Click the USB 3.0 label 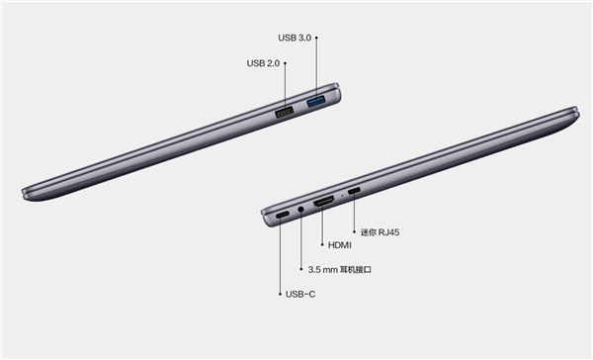295,38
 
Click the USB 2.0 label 263,63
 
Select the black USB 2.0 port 285,112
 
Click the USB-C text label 300,294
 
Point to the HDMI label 340,245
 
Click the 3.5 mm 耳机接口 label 340,270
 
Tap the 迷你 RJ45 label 380,232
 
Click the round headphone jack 301,209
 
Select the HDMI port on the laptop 323,202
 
